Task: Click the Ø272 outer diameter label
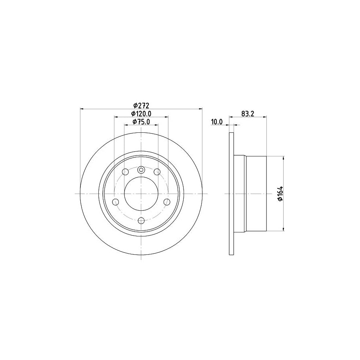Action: click(142, 105)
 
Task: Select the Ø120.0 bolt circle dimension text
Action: click(141, 114)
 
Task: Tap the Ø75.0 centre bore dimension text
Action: click(141, 122)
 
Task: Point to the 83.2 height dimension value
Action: click(248, 114)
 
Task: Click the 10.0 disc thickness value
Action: click(217, 122)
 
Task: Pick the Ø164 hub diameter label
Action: click(280, 194)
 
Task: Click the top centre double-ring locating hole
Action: click(141, 170)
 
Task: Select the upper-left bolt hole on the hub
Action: click(125, 172)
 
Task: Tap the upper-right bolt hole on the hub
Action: click(157, 172)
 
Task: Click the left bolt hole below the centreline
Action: click(116, 202)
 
